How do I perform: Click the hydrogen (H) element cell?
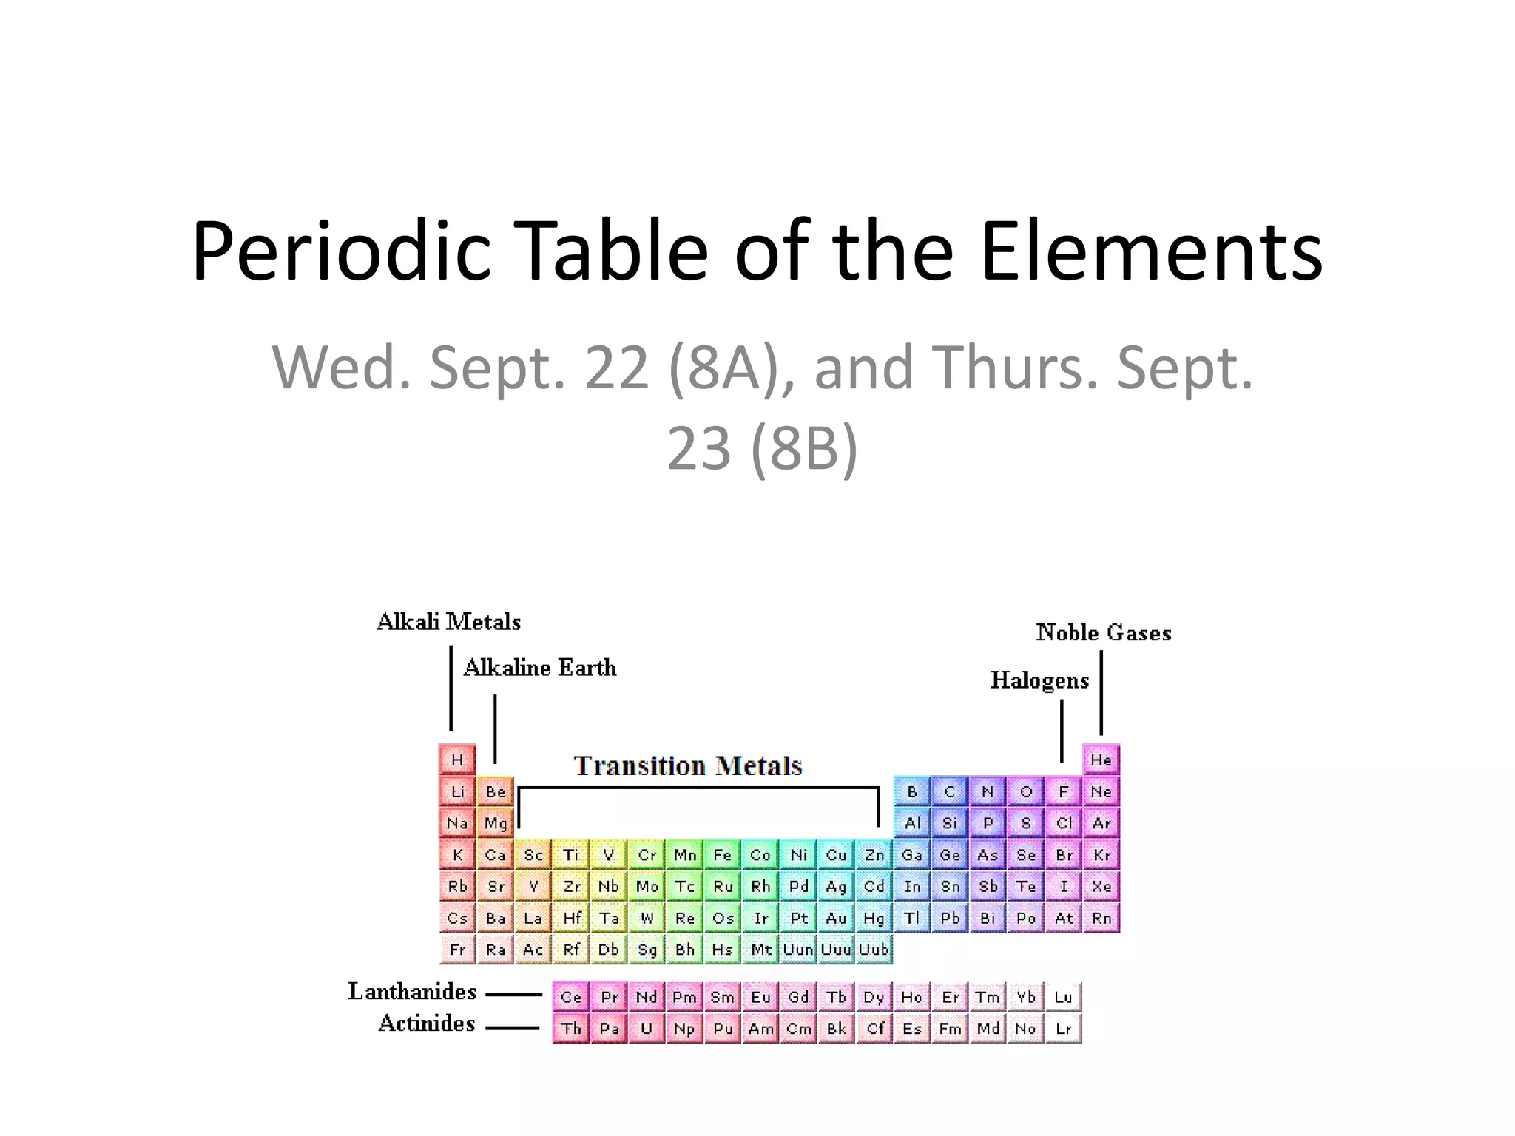point(457,760)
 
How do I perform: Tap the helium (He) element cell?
point(1101,760)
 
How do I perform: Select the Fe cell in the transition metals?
point(723,855)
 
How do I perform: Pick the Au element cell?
point(836,919)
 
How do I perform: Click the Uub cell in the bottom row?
point(874,950)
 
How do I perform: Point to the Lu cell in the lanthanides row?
point(1063,997)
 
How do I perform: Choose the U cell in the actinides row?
point(647,1029)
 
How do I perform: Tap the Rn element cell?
point(1101,919)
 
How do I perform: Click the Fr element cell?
point(457,950)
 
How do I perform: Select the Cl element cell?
point(1064,823)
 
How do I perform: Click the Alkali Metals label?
point(448,622)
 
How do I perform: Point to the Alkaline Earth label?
point(539,668)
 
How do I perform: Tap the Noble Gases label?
point(1103,633)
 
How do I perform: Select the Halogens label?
point(1039,680)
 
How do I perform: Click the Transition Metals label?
point(688,765)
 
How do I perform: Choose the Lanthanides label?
point(413,992)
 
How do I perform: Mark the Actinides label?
point(426,1024)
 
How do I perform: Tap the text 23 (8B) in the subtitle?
point(762,448)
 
